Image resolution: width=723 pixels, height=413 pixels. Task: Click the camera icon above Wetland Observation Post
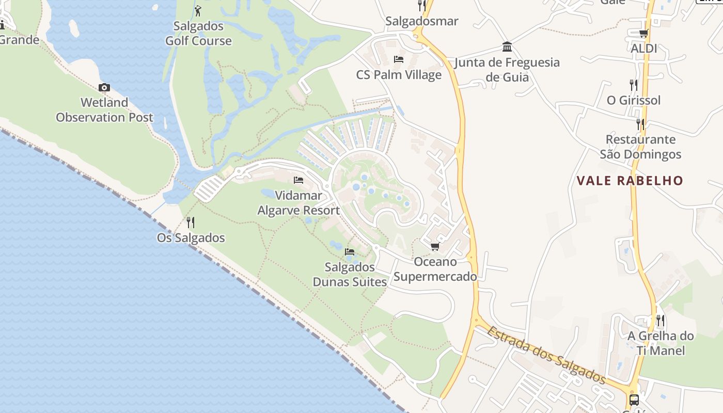[104, 88]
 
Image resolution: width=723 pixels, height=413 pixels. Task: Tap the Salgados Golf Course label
[198, 34]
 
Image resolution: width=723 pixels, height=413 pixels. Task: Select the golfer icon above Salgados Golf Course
[198, 10]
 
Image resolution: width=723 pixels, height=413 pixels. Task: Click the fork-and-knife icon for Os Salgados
[191, 223]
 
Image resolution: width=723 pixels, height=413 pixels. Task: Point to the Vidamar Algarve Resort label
[298, 203]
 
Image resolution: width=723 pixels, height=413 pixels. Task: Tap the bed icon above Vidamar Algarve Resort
[298, 180]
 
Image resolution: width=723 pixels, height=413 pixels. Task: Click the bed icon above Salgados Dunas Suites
[350, 252]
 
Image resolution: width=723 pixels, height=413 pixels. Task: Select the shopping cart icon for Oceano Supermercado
[435, 247]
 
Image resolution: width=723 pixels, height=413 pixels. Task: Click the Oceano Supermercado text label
[435, 269]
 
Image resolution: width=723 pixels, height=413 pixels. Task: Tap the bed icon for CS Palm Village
[399, 59]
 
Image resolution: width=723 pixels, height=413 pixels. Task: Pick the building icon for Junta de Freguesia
[507, 47]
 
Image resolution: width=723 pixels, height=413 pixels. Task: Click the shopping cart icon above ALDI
[643, 34]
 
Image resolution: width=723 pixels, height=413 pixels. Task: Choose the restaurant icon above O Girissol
[633, 85]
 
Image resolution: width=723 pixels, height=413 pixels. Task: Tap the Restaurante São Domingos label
[640, 147]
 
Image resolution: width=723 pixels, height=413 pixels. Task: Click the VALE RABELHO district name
[630, 181]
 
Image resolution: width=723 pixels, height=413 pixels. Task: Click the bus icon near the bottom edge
[634, 400]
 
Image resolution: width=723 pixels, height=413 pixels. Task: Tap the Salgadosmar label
[421, 22]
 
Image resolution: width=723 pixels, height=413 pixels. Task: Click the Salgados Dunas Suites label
[350, 274]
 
